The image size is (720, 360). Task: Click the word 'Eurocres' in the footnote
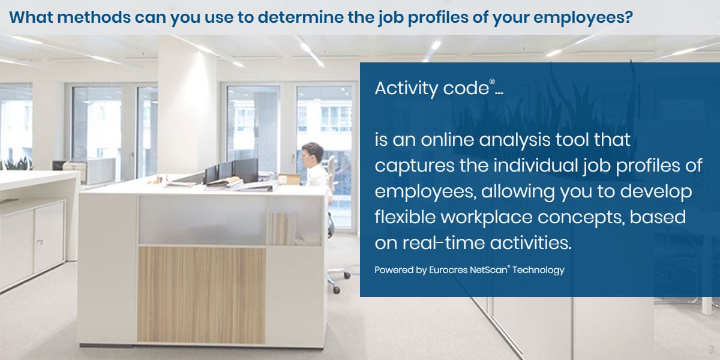pyautogui.click(x=447, y=270)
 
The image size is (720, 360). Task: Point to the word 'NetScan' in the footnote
pyautogui.click(x=489, y=270)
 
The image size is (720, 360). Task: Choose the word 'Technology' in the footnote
pyautogui.click(x=538, y=270)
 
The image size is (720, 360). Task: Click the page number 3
pyautogui.click(x=711, y=349)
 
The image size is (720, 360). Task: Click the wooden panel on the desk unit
pyautogui.click(x=202, y=294)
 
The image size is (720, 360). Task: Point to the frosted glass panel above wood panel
pyautogui.click(x=202, y=220)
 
